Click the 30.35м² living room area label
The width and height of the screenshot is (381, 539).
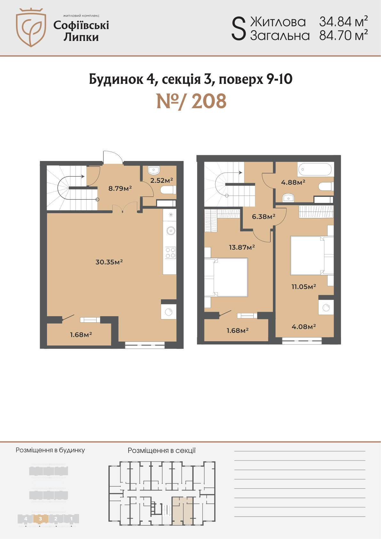pos(109,262)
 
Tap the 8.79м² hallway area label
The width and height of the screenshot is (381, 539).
pos(120,188)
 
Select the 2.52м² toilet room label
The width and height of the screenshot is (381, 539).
pos(162,180)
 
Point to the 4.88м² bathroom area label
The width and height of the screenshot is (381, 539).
pos(293,182)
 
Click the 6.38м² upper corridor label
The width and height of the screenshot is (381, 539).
pos(264,217)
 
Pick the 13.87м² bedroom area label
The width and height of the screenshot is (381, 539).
pos(242,247)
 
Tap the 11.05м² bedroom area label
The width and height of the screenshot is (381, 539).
pos(304,286)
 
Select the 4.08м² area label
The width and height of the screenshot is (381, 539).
pos(304,326)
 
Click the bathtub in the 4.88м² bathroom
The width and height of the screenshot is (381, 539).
pos(315,169)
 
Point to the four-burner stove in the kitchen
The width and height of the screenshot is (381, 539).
pos(170,253)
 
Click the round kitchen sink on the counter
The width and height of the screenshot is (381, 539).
pos(171,231)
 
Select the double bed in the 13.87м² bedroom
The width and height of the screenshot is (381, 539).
pos(226,277)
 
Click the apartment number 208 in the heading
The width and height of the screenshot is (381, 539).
pos(209,101)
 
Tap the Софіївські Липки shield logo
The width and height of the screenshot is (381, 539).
pos(31,28)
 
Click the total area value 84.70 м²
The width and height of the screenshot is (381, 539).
pos(344,35)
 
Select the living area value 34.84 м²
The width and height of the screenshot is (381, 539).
pos(344,21)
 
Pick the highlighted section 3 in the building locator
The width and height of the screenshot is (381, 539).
pos(41,519)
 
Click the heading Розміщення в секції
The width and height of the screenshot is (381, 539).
pos(162,451)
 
